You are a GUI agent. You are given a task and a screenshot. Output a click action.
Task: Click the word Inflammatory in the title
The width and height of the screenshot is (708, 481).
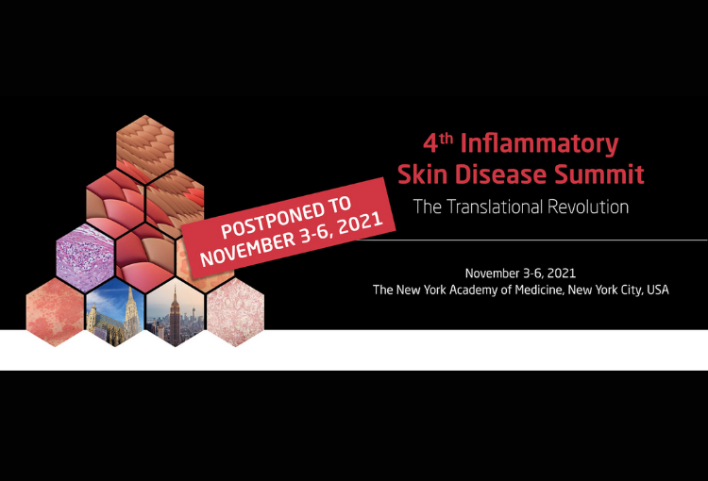pyautogui.click(x=539, y=144)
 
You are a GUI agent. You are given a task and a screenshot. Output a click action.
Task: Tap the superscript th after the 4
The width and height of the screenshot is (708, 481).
pyautogui.click(x=447, y=138)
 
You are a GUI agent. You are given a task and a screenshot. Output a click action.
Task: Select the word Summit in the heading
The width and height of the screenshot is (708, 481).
pyautogui.click(x=599, y=174)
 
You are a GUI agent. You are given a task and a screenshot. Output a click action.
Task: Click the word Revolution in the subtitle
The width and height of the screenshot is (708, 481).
pyautogui.click(x=588, y=207)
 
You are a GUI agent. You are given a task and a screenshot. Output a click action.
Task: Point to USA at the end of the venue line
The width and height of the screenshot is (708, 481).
pyautogui.click(x=658, y=290)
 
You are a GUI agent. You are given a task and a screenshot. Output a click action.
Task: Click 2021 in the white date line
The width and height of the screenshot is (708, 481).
pyautogui.click(x=562, y=274)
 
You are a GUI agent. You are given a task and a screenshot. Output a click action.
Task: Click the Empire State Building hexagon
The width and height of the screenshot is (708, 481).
pyautogui.click(x=176, y=312)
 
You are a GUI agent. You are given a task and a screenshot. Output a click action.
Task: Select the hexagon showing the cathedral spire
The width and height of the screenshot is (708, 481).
pyautogui.click(x=115, y=312)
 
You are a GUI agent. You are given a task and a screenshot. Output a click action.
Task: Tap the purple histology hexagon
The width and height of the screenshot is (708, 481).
pyautogui.click(x=85, y=258)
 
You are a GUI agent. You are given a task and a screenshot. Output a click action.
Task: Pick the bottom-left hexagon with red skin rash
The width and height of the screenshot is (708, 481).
pyautogui.click(x=55, y=312)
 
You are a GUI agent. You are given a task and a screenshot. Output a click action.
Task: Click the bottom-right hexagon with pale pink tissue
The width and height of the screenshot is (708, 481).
pyautogui.click(x=235, y=312)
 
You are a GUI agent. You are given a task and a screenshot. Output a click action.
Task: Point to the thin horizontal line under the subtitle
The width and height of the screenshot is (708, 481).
pyautogui.click(x=531, y=240)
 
